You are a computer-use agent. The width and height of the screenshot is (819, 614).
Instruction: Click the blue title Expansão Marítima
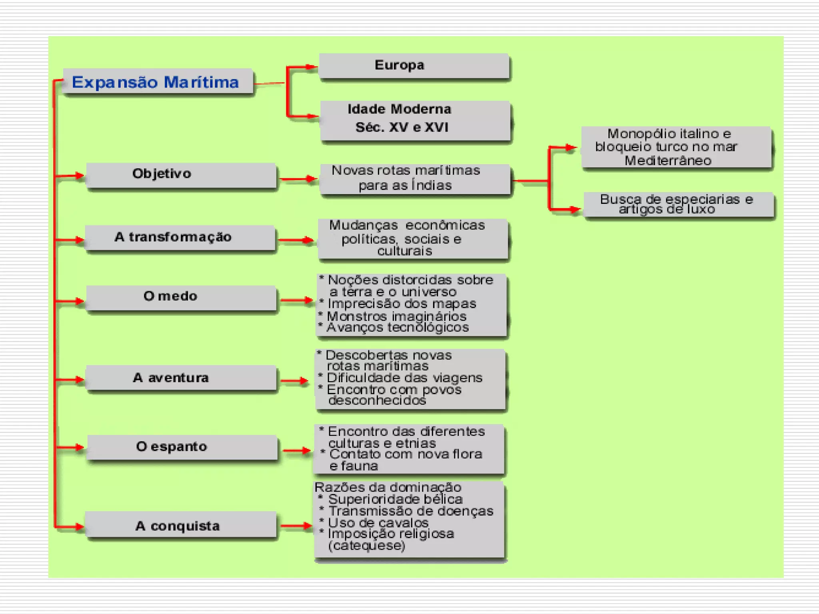coord(155,82)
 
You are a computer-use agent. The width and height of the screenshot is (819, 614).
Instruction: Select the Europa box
coord(414,66)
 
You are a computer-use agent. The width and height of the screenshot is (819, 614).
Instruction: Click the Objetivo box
coord(181,174)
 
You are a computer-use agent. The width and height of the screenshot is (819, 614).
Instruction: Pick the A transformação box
coord(180,237)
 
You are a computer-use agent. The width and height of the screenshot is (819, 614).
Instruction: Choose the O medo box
coord(181,297)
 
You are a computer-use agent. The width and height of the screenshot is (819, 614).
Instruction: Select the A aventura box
coord(181,378)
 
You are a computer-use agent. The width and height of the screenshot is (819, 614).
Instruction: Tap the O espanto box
coord(182,447)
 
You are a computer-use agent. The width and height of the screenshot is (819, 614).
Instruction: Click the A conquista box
coord(181,525)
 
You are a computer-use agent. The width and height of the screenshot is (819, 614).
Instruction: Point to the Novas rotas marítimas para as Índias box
coord(415,179)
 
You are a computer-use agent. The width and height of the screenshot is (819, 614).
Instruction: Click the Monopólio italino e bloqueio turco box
coord(676,147)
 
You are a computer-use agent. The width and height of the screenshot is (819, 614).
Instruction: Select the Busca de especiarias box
coord(678,205)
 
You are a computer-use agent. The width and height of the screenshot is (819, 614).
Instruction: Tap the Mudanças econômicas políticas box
coord(413,239)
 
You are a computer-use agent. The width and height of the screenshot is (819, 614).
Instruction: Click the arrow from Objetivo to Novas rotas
coord(298,179)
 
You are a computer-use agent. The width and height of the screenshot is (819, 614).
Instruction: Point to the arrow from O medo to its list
coord(297,300)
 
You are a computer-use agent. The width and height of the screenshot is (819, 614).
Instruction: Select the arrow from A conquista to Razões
coord(296,526)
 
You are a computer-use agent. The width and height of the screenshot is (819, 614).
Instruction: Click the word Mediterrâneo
coord(668,161)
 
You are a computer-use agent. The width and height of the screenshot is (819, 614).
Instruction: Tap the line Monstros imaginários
coord(396,316)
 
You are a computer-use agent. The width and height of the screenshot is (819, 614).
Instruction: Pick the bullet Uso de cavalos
coord(378,522)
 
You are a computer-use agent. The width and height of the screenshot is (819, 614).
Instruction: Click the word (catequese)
coord(367,546)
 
